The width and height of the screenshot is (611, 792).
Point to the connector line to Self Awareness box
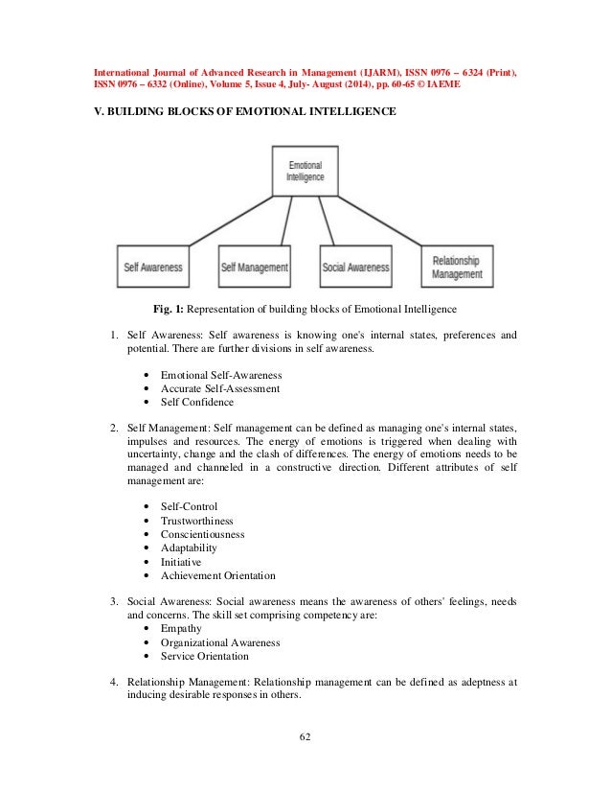pos(230,220)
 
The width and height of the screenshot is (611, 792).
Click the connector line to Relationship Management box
pos(383,220)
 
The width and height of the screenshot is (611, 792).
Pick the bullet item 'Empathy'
pos(182,629)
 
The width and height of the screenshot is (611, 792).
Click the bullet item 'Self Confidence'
pos(196,403)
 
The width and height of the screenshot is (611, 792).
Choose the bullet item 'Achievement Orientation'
pos(217,576)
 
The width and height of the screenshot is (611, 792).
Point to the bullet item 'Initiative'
pos(182,562)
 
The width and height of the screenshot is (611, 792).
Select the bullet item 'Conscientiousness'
pos(202,533)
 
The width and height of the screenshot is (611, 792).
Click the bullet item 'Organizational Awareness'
pos(219,642)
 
